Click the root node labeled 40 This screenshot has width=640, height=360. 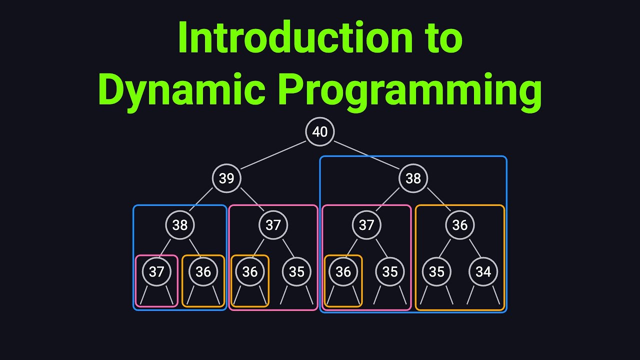319,131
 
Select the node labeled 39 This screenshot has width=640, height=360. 226,178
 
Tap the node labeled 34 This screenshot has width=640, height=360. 483,271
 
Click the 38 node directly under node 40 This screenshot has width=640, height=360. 413,178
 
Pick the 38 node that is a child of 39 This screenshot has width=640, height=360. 180,225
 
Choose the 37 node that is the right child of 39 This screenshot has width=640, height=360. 273,225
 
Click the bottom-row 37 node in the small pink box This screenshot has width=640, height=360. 156,271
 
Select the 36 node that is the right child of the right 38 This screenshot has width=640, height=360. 459,225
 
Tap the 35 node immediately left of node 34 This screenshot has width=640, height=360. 436,271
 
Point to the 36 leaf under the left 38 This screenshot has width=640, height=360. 203,271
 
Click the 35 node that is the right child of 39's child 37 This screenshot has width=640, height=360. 296,271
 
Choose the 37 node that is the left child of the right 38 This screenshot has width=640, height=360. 366,225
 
